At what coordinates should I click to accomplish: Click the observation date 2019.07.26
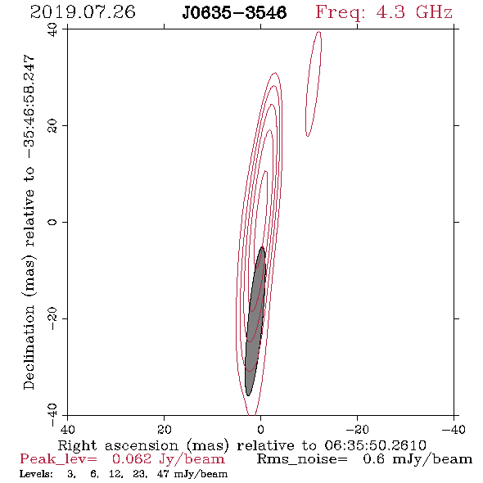(83, 12)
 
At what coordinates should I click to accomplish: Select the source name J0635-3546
(234, 13)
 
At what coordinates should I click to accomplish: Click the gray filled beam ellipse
(255, 321)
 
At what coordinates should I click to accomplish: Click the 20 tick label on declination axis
(52, 126)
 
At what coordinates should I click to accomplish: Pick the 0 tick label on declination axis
(52, 222)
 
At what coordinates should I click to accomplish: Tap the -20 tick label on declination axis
(52, 318)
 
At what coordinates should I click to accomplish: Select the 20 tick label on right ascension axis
(164, 429)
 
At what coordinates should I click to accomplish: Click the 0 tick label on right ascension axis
(260, 429)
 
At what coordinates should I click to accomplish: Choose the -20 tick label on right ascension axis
(357, 429)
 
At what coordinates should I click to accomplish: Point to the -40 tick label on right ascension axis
(454, 429)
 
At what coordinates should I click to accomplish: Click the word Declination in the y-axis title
(29, 347)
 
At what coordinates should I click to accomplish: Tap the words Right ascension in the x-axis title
(118, 445)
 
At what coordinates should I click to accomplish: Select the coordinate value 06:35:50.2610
(375, 445)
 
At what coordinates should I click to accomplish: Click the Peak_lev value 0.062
(132, 459)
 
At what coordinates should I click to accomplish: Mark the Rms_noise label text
(302, 459)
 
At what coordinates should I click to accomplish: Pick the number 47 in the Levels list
(163, 474)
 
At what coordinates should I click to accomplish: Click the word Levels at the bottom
(36, 474)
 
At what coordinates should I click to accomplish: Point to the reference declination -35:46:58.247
(29, 106)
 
